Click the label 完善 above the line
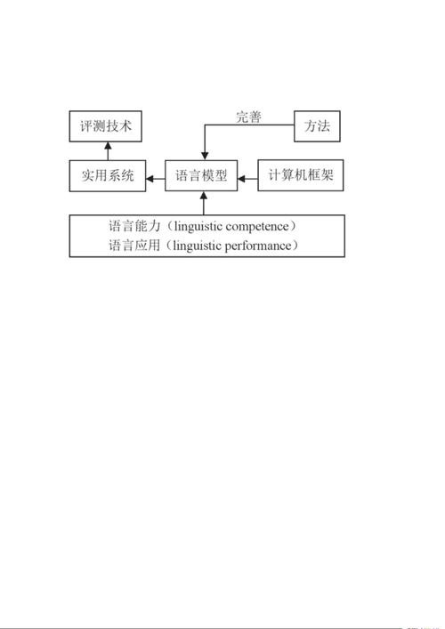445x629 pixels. [x=248, y=117]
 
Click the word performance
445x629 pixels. [x=257, y=246]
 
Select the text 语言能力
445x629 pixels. [x=134, y=226]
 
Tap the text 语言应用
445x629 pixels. [x=134, y=245]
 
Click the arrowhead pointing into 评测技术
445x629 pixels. [x=108, y=145]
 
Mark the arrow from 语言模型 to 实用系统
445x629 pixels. [x=155, y=179]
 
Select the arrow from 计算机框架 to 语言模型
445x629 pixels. [x=247, y=179]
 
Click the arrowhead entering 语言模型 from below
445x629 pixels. [x=204, y=196]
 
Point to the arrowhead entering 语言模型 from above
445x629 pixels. [x=205, y=156]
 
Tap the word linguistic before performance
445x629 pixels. [x=198, y=246]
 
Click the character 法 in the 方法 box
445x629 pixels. [x=323, y=126]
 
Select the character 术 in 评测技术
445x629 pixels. [x=125, y=126]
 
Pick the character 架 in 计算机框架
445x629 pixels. [x=327, y=175]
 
